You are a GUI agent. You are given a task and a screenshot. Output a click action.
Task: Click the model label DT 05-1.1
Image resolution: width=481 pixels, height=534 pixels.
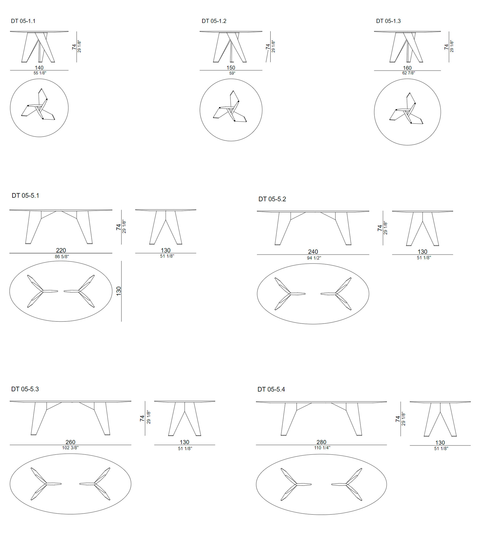click(x=23, y=21)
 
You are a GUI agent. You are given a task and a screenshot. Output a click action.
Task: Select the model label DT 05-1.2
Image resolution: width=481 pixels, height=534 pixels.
click(x=214, y=21)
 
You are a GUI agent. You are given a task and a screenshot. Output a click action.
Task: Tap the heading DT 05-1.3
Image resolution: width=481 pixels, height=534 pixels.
click(x=388, y=21)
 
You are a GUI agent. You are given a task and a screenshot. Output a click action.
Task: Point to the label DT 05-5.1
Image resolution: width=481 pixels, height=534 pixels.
click(x=25, y=195)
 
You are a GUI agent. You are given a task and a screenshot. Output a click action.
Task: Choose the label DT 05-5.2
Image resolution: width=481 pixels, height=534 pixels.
click(x=272, y=199)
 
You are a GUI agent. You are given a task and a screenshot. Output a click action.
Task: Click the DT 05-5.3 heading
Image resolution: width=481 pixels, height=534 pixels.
click(x=25, y=389)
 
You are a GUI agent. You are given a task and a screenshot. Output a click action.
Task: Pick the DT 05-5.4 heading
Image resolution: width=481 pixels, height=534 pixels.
click(x=271, y=389)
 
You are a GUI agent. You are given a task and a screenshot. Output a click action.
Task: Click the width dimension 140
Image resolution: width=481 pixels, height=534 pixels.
click(x=39, y=68)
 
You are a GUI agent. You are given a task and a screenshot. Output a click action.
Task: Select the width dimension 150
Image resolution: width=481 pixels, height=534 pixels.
click(x=231, y=68)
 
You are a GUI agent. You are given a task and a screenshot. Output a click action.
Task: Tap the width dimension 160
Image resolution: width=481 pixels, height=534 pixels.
click(x=407, y=68)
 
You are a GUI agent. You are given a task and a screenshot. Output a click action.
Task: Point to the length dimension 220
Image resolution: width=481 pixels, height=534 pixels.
click(x=61, y=250)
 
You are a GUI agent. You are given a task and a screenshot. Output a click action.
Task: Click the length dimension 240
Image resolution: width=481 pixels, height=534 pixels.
click(x=313, y=252)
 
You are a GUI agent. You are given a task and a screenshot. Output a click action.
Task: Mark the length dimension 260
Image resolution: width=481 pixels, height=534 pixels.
click(x=70, y=442)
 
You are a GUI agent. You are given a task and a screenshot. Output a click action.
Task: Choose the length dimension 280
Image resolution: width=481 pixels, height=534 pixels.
click(x=321, y=442)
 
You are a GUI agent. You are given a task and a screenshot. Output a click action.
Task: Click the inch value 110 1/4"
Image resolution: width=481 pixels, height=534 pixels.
click(x=322, y=448)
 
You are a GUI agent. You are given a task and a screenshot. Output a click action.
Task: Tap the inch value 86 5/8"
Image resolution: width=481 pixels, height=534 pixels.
click(x=62, y=257)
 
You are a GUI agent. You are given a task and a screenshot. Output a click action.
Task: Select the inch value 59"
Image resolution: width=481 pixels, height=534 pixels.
click(x=232, y=73)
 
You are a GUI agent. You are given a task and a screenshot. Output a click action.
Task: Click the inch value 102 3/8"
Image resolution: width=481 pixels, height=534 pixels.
click(x=70, y=448)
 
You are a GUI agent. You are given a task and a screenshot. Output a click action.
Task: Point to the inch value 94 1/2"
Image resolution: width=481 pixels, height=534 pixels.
click(x=314, y=258)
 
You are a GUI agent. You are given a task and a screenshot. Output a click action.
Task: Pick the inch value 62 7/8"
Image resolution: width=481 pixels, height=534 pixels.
click(x=409, y=73)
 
